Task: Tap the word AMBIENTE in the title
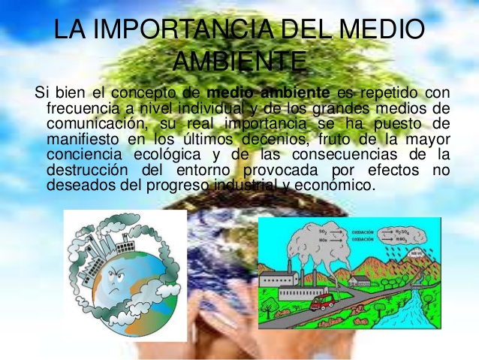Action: point(239,60)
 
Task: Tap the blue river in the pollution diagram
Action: point(405,308)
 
